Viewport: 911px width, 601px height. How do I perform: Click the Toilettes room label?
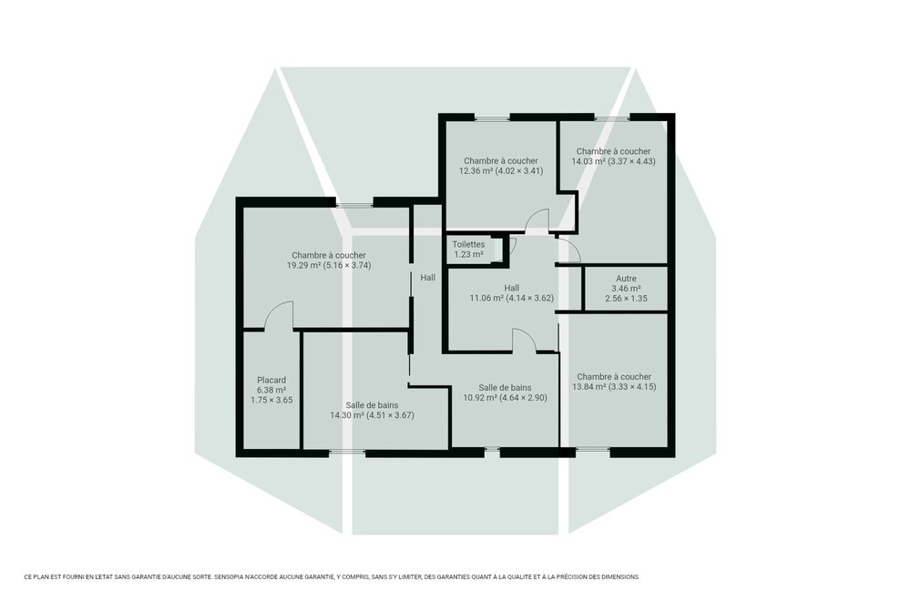(468, 244)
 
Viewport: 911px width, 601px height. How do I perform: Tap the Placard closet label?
(271, 380)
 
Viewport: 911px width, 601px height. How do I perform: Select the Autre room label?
(626, 279)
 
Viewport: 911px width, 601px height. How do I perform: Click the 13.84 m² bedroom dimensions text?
(634, 387)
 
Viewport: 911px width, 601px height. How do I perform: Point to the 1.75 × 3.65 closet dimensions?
(271, 400)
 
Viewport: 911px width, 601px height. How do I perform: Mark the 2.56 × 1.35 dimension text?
(626, 299)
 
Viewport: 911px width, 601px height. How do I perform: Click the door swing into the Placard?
(278, 316)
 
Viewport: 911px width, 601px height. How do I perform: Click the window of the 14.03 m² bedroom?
(611, 118)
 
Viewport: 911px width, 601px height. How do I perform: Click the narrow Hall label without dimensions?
(427, 278)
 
